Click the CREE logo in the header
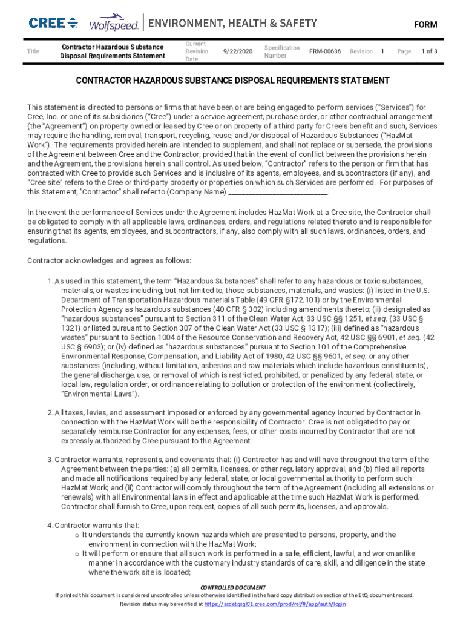pyautogui.click(x=53, y=23)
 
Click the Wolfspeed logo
pyautogui.click(x=114, y=24)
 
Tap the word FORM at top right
pyautogui.click(x=425, y=25)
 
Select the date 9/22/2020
pyautogui.click(x=237, y=51)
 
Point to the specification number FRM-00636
pyautogui.click(x=325, y=51)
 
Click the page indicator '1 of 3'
pyautogui.click(x=429, y=51)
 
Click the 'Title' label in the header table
pyautogui.click(x=34, y=51)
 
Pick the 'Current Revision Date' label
pyautogui.click(x=197, y=51)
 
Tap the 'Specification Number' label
pyautogui.click(x=281, y=51)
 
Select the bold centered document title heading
pyautogui.click(x=232, y=81)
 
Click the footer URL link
pyautogui.click(x=275, y=604)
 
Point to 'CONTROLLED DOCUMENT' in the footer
pyautogui.click(x=233, y=587)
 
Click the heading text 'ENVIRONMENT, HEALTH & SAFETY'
pyautogui.click(x=233, y=24)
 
